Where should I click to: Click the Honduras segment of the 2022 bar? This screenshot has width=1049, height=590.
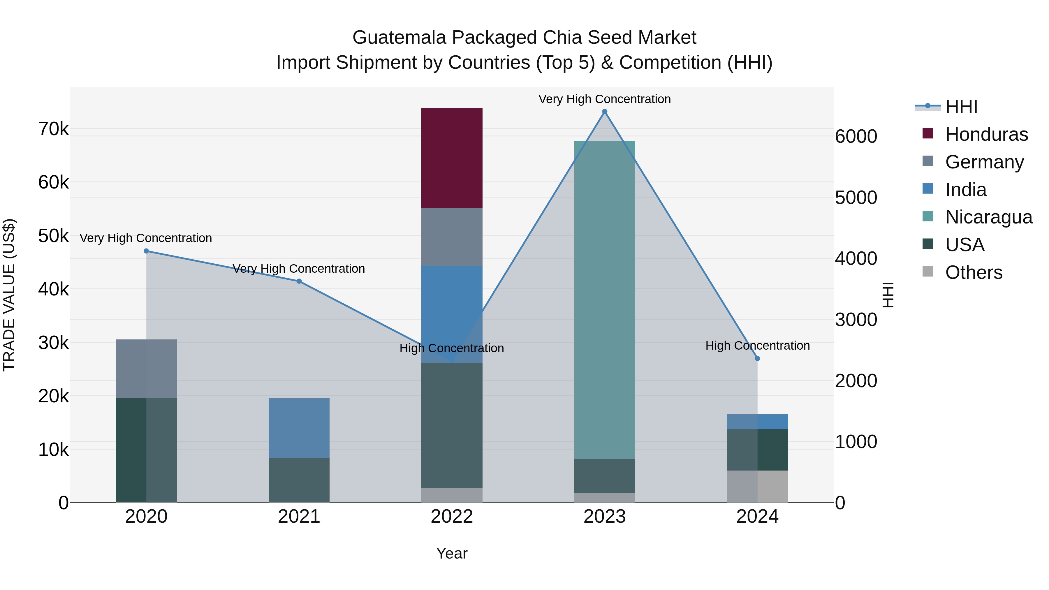[x=452, y=158]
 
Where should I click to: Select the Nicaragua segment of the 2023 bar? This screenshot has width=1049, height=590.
[x=604, y=300]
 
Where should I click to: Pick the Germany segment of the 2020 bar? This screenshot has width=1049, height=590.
[x=146, y=369]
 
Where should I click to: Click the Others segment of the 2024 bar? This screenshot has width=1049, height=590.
[x=757, y=486]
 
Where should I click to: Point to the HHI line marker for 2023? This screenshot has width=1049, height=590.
[x=604, y=112]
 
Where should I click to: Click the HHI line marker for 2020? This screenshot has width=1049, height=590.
[x=146, y=251]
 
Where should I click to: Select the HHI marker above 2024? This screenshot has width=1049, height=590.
[x=757, y=358]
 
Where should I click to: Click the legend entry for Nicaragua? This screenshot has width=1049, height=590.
[x=988, y=217]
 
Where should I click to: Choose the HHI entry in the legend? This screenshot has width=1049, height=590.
[x=961, y=107]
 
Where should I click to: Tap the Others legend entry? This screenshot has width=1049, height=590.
[x=973, y=272]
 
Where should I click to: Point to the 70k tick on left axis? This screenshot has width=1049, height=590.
[x=53, y=129]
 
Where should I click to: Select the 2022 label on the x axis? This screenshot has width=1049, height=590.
[x=452, y=517]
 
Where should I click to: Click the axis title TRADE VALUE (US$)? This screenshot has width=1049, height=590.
[x=9, y=295]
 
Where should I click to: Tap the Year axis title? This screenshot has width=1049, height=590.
[x=452, y=553]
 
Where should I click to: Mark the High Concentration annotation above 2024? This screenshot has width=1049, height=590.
[x=757, y=345]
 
